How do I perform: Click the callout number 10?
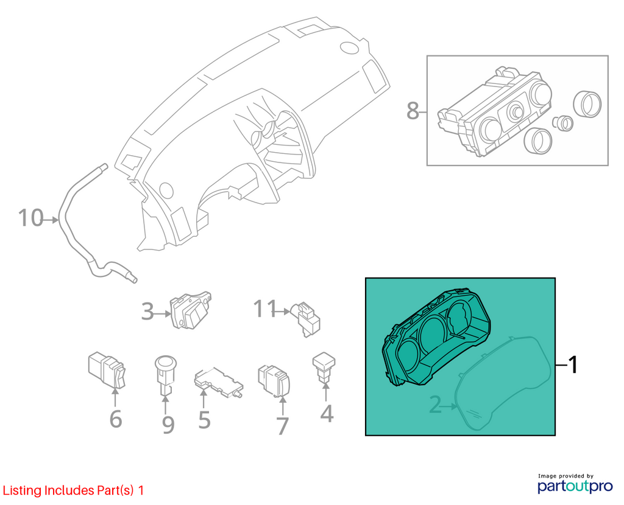[30, 218]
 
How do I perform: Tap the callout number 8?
[413, 111]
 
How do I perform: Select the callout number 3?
[147, 312]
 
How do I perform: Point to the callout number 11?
[265, 308]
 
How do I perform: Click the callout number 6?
[115, 419]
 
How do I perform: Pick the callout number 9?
[168, 424]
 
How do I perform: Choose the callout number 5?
[204, 420]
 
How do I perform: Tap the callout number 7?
[282, 425]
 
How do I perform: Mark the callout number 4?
[327, 414]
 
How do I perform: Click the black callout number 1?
[573, 364]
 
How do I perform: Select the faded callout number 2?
[435, 405]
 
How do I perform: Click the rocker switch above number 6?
[107, 369]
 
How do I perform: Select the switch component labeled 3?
[191, 310]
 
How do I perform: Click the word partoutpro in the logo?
[575, 486]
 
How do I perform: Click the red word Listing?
[22, 490]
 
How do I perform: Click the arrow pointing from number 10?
[51, 219]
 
